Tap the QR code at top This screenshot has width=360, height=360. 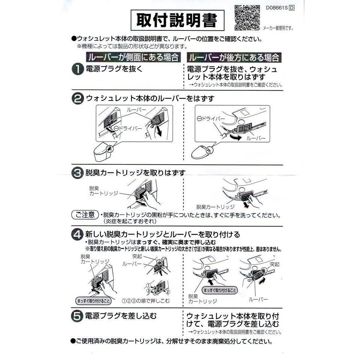(x=247, y=17)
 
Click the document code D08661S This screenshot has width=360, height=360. (x=277, y=7)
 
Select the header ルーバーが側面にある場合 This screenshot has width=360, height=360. (x=133, y=58)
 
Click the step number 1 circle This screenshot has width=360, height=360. (x=78, y=70)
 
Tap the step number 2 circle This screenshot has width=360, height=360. (x=78, y=99)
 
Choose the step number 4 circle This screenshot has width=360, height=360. (x=78, y=235)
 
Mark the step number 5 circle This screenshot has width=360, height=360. (x=78, y=316)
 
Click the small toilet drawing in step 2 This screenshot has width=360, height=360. (x=102, y=151)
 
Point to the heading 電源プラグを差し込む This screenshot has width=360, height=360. (x=121, y=315)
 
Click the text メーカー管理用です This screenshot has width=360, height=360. (x=277, y=28)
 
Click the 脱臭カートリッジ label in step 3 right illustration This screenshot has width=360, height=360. (x=215, y=207)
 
